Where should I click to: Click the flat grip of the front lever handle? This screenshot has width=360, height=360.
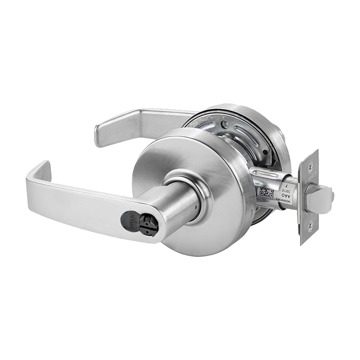[83, 202]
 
